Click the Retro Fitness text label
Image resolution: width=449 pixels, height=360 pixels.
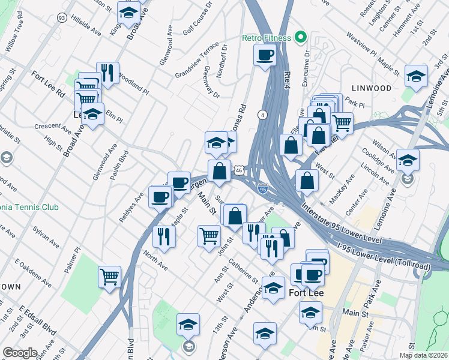[x=267, y=38]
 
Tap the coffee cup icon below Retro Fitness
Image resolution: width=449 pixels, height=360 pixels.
[x=265, y=56]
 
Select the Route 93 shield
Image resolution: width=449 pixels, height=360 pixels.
[x=62, y=18]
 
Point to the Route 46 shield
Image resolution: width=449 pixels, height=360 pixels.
[x=238, y=170]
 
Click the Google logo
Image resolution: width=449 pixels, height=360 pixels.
[x=20, y=352]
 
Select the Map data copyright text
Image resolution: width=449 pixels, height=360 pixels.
[x=423, y=355]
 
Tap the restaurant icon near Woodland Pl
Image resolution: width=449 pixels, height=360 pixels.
[x=107, y=73]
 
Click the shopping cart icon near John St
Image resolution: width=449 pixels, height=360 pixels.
[x=208, y=235]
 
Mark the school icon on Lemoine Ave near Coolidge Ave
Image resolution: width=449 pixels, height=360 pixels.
[x=408, y=160]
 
